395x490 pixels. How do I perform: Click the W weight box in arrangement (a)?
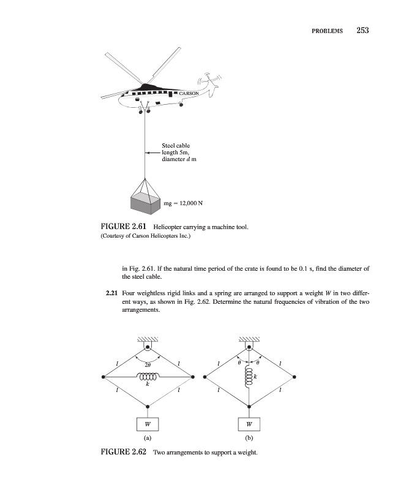coord(147,423)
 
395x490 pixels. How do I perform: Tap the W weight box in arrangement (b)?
coord(249,423)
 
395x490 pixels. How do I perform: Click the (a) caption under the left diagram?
coord(147,439)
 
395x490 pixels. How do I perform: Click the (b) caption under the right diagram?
coord(249,439)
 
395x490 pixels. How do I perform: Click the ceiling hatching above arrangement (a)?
coord(147,339)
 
